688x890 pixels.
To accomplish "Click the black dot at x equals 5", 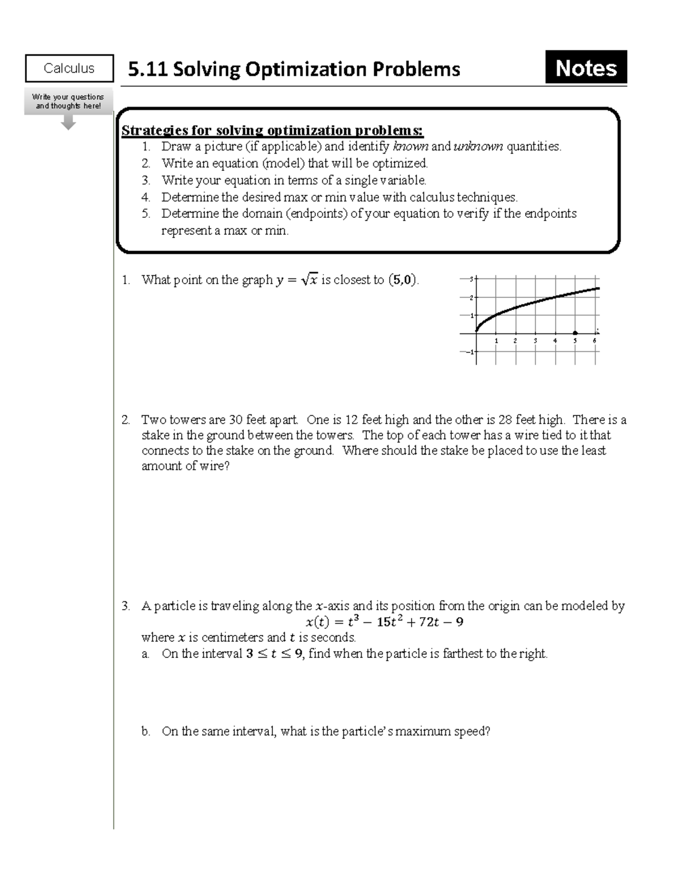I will pos(575,333).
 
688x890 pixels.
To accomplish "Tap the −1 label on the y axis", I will pos(470,352).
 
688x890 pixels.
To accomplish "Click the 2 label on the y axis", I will pos(471,297).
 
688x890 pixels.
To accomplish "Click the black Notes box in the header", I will pos(585,68).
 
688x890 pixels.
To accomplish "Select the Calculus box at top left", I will pos(69,68).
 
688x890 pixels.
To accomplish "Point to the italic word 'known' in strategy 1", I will pos(410,147).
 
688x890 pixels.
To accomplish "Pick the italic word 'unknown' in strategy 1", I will pos(478,147).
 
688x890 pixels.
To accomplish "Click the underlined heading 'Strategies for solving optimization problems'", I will pos(272,131).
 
